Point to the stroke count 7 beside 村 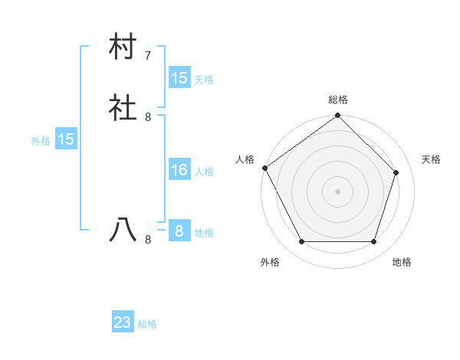click(x=148, y=56)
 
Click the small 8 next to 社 click(x=148, y=117)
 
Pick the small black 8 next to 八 click(x=148, y=240)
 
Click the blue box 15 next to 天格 click(x=179, y=78)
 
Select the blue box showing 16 click(x=179, y=170)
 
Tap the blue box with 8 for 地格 click(x=179, y=231)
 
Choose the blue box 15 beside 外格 click(x=65, y=139)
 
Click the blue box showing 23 click(x=123, y=322)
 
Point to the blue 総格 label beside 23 click(x=147, y=324)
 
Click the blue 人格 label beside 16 click(x=204, y=172)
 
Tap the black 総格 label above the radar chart click(x=337, y=100)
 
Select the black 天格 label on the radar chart click(x=431, y=159)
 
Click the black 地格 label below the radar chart click(x=402, y=263)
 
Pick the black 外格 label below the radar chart click(x=270, y=263)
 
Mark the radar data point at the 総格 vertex click(x=337, y=116)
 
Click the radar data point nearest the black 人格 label click(x=264, y=168)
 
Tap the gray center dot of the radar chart click(x=337, y=191)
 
